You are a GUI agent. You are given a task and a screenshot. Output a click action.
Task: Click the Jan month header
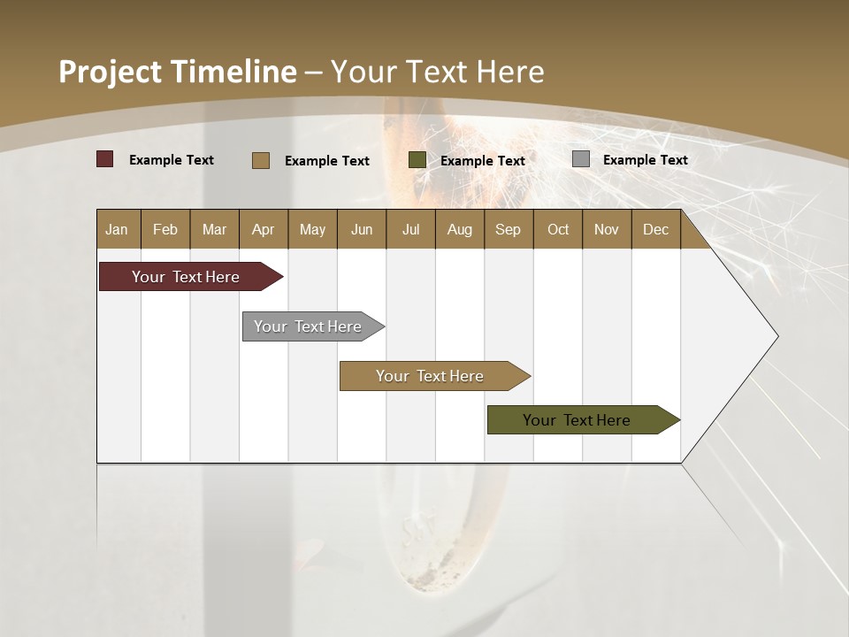(x=117, y=229)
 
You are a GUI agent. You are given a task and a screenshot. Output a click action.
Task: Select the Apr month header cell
(x=263, y=229)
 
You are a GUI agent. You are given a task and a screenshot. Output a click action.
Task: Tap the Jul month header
(x=410, y=229)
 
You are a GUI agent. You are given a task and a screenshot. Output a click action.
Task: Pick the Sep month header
(x=508, y=229)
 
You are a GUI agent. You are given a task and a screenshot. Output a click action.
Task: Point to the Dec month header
(x=655, y=229)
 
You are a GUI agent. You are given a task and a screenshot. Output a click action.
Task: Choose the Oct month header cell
(x=558, y=229)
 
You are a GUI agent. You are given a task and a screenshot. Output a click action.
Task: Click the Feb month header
(x=165, y=229)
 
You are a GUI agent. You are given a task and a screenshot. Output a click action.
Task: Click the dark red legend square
(x=105, y=159)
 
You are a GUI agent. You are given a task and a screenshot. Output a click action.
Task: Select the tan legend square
(x=261, y=160)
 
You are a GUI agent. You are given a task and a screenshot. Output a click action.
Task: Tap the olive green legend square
(x=417, y=160)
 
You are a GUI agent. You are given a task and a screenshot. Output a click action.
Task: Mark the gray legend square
(x=581, y=159)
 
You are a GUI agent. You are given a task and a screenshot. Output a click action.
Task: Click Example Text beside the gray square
(x=645, y=160)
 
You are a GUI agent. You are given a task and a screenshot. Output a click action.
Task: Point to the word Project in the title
(x=110, y=72)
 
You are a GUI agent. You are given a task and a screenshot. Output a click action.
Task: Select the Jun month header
(x=362, y=229)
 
